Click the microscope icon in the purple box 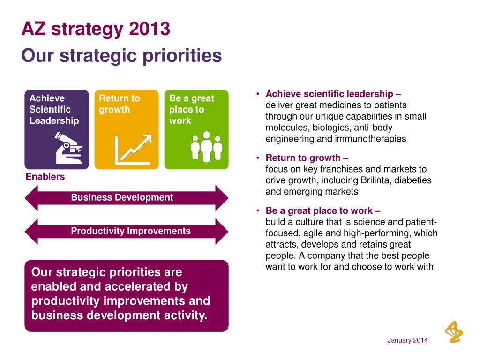[x=69, y=148]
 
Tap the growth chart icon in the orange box [x=134, y=150]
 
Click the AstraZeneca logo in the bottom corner [x=453, y=332]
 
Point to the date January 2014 [x=407, y=340]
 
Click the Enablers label [x=45, y=177]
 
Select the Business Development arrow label [x=122, y=197]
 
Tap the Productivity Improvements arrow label [x=131, y=231]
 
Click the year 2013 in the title [x=150, y=29]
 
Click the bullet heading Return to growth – [x=307, y=157]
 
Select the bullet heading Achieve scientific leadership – [x=333, y=94]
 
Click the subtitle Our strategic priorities [x=121, y=56]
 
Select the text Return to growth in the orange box [x=120, y=104]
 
